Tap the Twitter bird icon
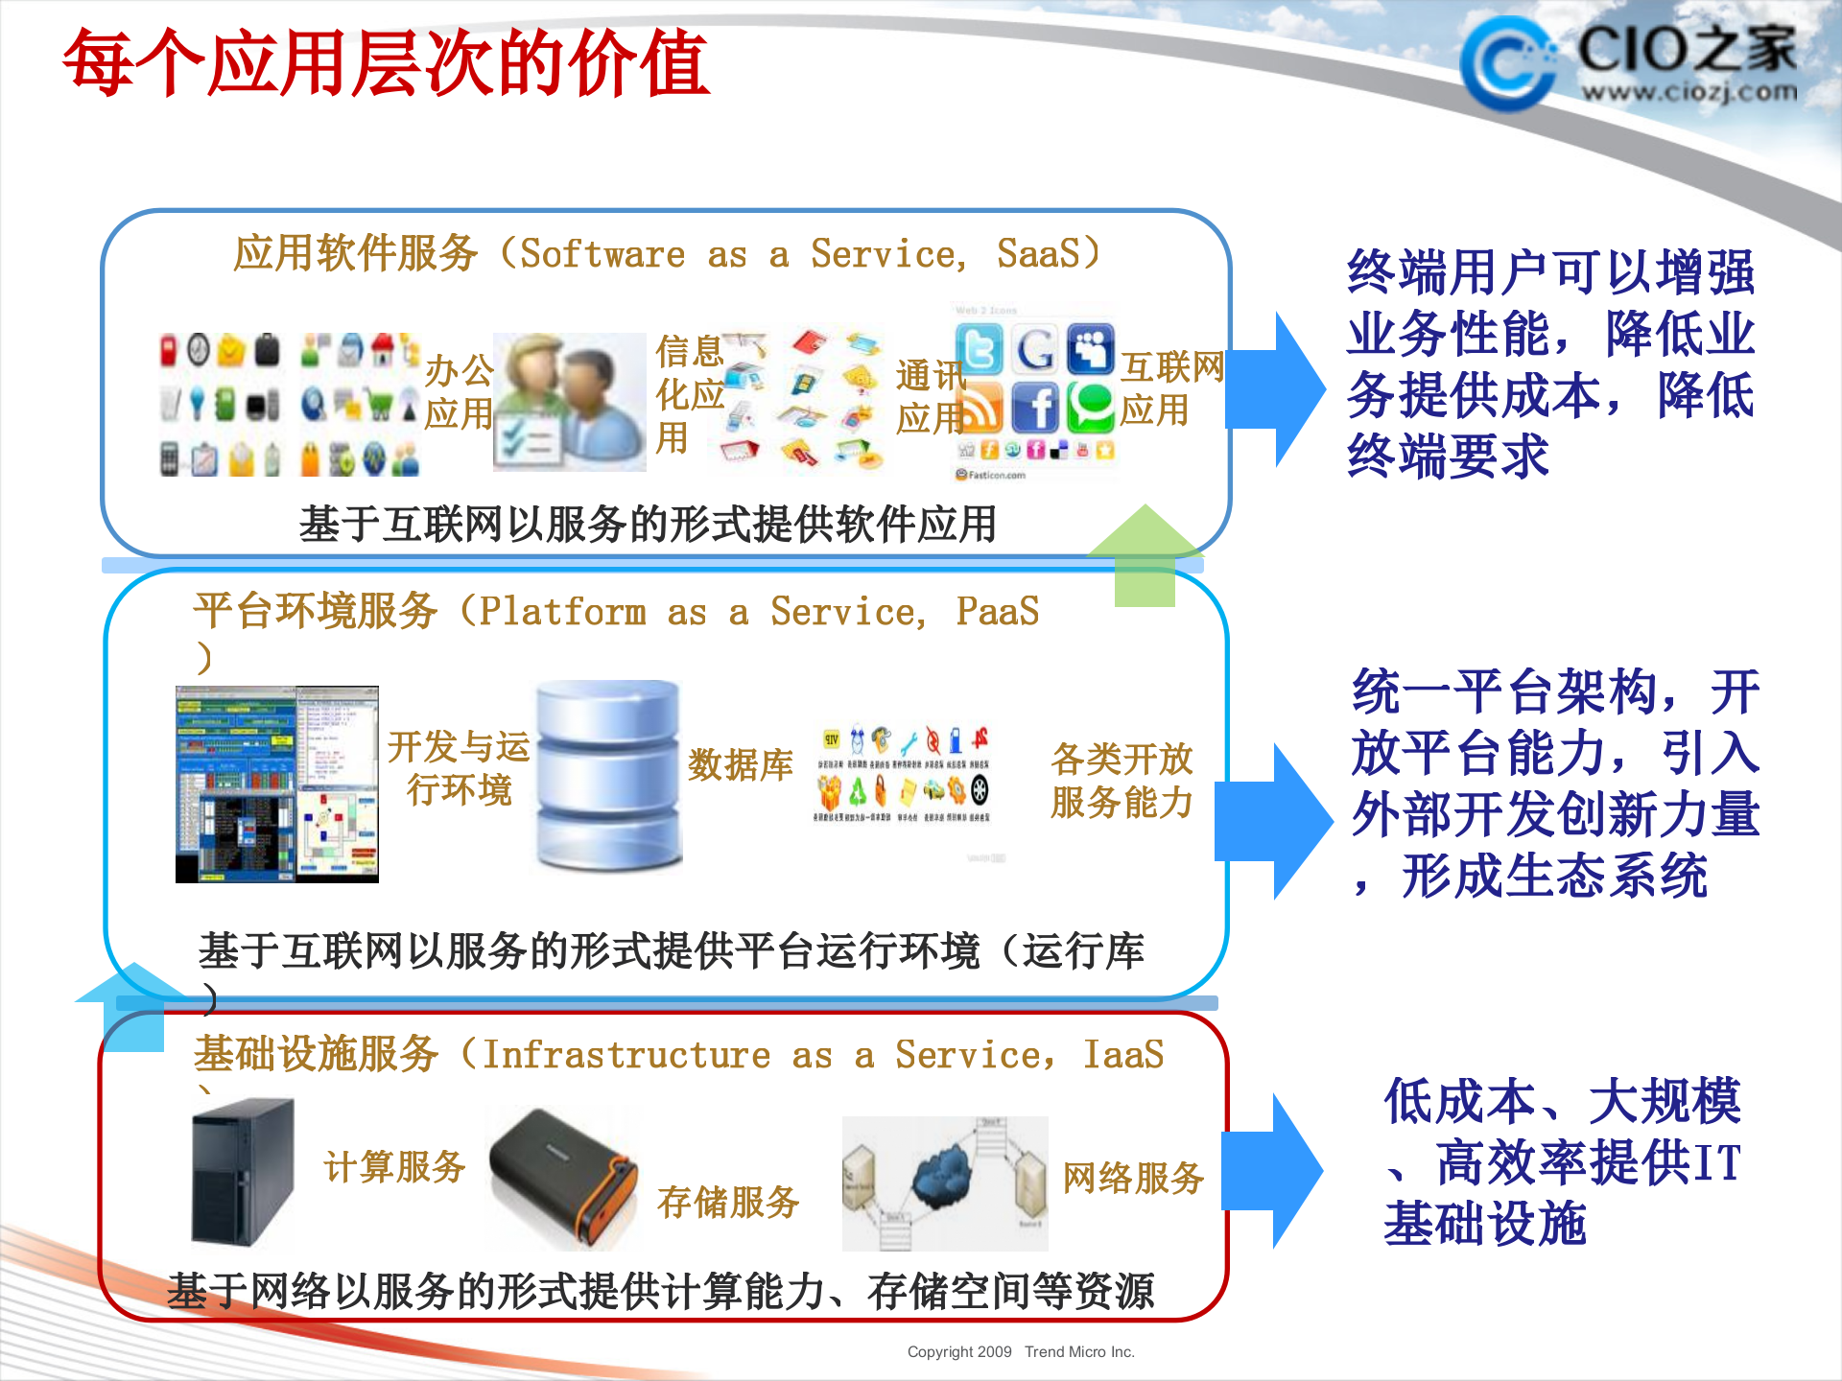click(x=979, y=348)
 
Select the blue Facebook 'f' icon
click(x=1034, y=408)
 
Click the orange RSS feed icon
click(x=979, y=408)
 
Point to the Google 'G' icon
click(x=1034, y=348)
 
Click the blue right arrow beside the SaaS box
click(x=1276, y=389)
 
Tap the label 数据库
click(x=740, y=765)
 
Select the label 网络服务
click(x=1132, y=1178)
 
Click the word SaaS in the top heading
click(x=1038, y=254)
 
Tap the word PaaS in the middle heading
click(x=997, y=612)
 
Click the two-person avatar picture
click(x=569, y=402)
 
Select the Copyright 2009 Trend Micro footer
click(x=1020, y=1351)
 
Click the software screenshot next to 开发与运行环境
click(x=277, y=784)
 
